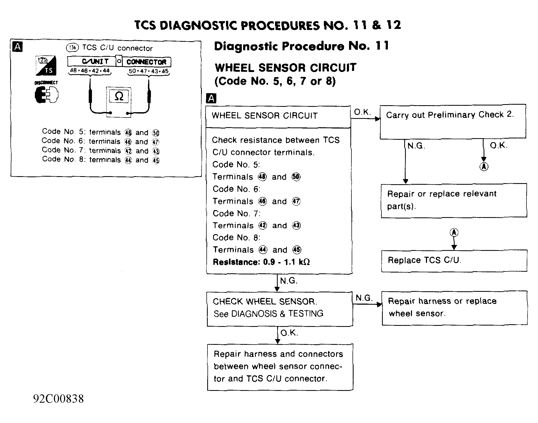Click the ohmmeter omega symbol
click(x=119, y=96)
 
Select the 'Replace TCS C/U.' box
click(x=454, y=260)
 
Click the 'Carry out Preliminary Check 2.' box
click(x=452, y=122)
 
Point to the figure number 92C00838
click(x=58, y=399)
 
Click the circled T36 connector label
click(x=72, y=48)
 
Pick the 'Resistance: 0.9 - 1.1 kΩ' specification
click(x=261, y=262)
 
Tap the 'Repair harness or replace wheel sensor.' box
click(x=454, y=308)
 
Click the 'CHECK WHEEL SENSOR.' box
click(x=280, y=309)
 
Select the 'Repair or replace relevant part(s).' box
click(x=454, y=200)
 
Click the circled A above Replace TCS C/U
click(x=454, y=232)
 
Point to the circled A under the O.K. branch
click(x=484, y=167)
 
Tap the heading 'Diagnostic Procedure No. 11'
click(x=301, y=46)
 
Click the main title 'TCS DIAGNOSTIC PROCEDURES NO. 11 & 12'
click(x=268, y=25)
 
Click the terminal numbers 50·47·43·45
click(x=149, y=71)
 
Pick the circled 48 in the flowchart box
click(x=262, y=177)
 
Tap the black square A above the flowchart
click(x=211, y=99)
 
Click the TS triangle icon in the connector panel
click(x=46, y=66)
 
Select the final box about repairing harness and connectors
click(x=280, y=367)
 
